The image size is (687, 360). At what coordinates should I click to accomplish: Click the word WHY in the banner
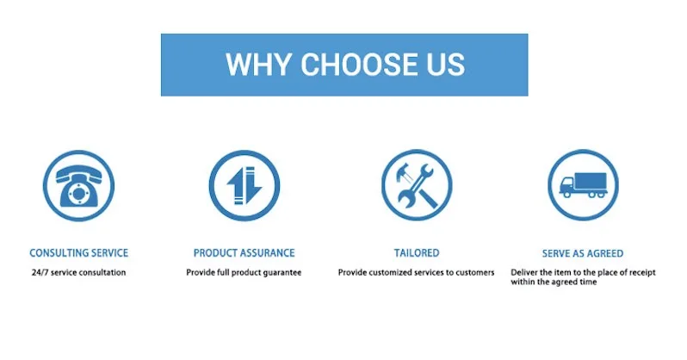258,65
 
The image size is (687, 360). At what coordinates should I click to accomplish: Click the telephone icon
78,185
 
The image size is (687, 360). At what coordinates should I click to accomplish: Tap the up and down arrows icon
244,185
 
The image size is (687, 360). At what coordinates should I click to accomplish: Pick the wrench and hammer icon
417,185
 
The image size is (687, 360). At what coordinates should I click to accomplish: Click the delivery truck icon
583,185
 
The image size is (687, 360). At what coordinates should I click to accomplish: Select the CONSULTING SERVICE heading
79,253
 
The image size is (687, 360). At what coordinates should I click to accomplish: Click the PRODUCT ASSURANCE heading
244,253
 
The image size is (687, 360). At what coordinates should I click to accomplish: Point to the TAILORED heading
416,253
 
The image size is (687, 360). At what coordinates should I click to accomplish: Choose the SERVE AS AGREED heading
583,253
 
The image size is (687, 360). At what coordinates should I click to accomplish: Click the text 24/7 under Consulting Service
40,272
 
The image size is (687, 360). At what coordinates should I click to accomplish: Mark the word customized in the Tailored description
395,272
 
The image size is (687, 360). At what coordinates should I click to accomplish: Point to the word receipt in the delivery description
642,273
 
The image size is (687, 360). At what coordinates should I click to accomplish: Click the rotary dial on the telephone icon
78,194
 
